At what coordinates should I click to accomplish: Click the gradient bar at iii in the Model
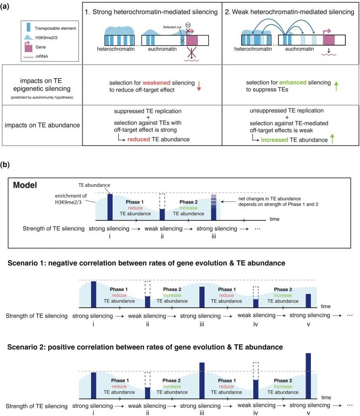coord(214,206)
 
